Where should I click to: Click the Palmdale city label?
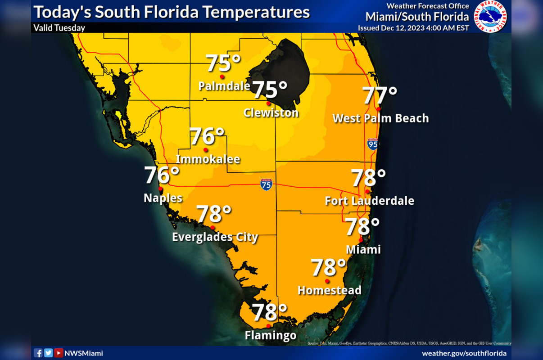224,85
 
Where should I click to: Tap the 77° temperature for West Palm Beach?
380,95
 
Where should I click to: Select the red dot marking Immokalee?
206,150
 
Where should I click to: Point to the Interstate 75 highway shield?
266,184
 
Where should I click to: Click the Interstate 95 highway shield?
372,144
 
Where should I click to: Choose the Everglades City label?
215,237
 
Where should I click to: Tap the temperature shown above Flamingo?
269,312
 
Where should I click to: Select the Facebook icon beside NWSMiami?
38,353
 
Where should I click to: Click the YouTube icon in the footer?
59,353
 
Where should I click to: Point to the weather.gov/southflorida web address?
464,353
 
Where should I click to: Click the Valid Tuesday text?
59,28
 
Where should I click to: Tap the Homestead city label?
330,290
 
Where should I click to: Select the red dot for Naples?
161,189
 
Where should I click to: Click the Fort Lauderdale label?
369,201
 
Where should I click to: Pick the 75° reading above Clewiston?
270,90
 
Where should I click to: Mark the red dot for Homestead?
327,281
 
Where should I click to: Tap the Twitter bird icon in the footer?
49,353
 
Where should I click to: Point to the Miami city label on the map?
363,249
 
